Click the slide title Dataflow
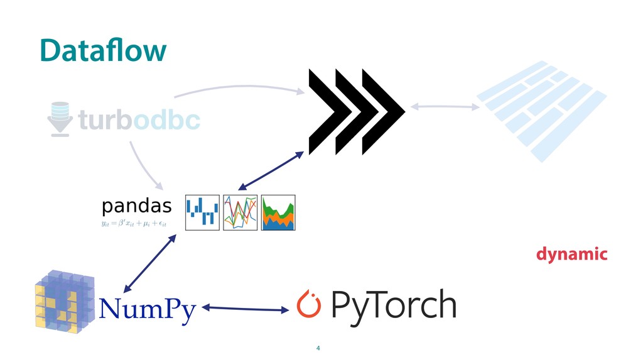click(x=103, y=50)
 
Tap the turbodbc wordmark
click(x=139, y=119)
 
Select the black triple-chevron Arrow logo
click(x=355, y=112)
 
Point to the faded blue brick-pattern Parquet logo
click(x=541, y=109)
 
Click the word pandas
click(x=136, y=206)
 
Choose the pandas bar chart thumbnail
click(x=202, y=212)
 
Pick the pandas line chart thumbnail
click(x=240, y=212)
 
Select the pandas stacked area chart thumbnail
click(x=278, y=212)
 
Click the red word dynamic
click(x=571, y=255)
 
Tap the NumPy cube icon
click(x=63, y=300)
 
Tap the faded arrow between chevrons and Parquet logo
click(x=445, y=107)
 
